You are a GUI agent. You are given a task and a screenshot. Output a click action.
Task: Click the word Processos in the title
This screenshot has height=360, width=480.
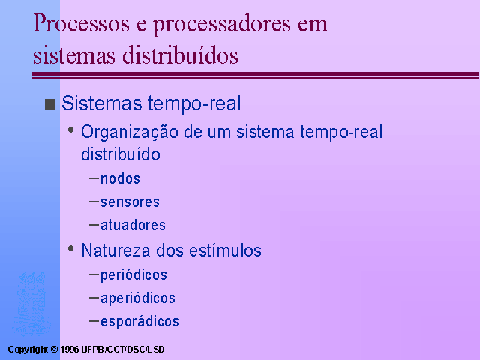(x=82, y=23)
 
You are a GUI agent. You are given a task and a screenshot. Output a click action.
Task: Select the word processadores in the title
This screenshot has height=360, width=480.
(x=222, y=25)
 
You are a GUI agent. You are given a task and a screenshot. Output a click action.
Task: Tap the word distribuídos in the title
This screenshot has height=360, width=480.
(x=180, y=55)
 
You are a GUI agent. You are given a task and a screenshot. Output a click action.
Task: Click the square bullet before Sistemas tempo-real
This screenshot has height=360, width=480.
(x=50, y=104)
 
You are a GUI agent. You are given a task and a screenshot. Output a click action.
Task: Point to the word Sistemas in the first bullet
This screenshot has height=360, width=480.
(x=102, y=103)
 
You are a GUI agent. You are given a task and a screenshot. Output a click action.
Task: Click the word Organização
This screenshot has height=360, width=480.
(x=130, y=132)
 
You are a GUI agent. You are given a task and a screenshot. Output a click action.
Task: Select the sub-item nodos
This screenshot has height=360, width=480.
(x=120, y=178)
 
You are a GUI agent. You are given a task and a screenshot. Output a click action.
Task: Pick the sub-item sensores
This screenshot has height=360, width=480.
(x=130, y=202)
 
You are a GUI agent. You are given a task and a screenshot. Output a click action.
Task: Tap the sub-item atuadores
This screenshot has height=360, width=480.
(x=133, y=225)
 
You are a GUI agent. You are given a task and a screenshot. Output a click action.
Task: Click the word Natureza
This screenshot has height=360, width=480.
(x=115, y=250)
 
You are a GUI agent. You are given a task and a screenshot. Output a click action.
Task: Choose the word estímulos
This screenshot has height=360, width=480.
(x=225, y=250)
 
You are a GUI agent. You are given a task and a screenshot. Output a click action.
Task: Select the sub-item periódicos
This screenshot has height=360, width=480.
(x=133, y=275)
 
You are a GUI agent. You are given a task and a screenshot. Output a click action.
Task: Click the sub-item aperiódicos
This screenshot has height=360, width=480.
(x=138, y=298)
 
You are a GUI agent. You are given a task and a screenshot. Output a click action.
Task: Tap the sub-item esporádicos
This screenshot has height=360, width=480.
(x=140, y=322)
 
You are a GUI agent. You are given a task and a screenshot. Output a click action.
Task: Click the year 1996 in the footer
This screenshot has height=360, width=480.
(x=70, y=349)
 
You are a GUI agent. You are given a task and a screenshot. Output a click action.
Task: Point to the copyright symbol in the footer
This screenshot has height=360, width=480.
(x=54, y=349)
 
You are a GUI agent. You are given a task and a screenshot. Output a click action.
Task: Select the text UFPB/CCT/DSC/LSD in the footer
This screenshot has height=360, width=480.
(x=123, y=349)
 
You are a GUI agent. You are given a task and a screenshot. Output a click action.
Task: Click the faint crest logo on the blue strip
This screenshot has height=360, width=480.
(x=31, y=304)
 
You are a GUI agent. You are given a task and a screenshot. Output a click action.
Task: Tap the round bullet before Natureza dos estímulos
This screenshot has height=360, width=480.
(x=71, y=248)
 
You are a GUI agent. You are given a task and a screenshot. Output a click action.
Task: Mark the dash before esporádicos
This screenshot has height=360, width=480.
(x=94, y=321)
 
